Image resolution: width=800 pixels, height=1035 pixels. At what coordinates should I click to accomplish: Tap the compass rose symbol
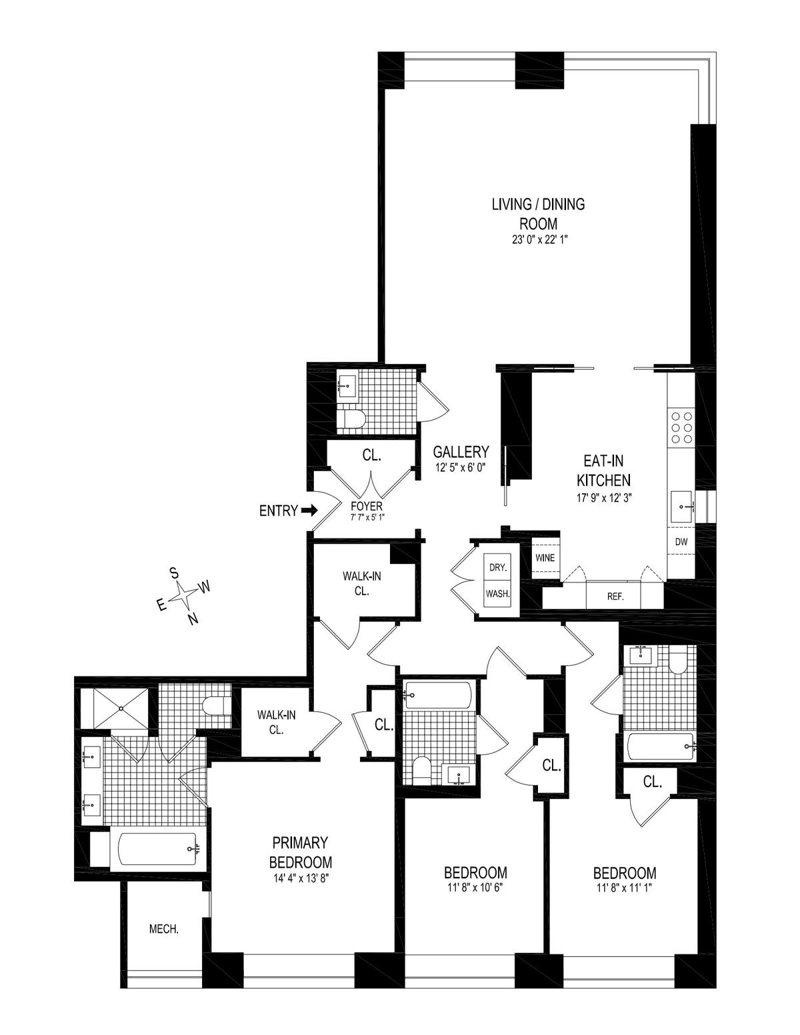click(183, 595)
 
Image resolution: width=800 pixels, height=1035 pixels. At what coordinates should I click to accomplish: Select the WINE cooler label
click(545, 557)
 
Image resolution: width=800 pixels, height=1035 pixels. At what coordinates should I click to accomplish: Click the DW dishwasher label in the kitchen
click(681, 541)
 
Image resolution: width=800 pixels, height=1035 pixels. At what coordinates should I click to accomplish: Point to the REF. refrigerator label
click(615, 596)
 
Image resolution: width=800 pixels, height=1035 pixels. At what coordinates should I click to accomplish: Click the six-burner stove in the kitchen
click(681, 427)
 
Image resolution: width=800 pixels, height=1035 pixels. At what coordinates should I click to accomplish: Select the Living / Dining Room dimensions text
click(538, 241)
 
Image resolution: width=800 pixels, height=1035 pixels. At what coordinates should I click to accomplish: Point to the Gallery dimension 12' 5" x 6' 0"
click(462, 469)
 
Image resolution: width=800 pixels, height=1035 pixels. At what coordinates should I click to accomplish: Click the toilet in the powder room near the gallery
click(351, 420)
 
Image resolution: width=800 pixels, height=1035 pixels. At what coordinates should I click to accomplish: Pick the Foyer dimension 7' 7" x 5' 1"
click(367, 517)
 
